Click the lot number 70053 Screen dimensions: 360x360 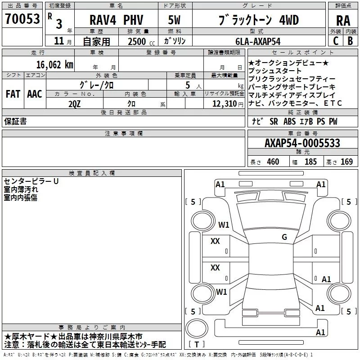[x=22, y=19]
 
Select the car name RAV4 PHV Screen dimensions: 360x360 [x=116, y=20]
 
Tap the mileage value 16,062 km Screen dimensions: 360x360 [x=55, y=65]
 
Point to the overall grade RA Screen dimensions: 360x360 [x=343, y=21]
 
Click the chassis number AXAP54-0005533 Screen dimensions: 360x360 [x=302, y=143]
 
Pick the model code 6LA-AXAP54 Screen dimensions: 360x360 [x=258, y=41]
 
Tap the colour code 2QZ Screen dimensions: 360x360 [x=75, y=104]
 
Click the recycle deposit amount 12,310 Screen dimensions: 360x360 [x=224, y=104]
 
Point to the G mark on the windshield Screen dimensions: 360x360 [x=284, y=237]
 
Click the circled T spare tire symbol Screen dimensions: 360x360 [x=197, y=328]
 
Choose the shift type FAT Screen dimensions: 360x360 [x=13, y=94]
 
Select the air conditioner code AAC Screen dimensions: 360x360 [x=35, y=94]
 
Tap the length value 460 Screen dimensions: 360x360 [x=273, y=162]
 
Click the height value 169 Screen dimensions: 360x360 [x=346, y=162]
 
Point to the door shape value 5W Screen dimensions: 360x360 [x=174, y=20]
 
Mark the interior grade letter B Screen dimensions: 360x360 [x=350, y=41]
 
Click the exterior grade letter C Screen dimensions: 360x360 [x=336, y=41]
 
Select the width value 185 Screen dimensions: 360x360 [x=310, y=162]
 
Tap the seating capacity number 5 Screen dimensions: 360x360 [x=188, y=85]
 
